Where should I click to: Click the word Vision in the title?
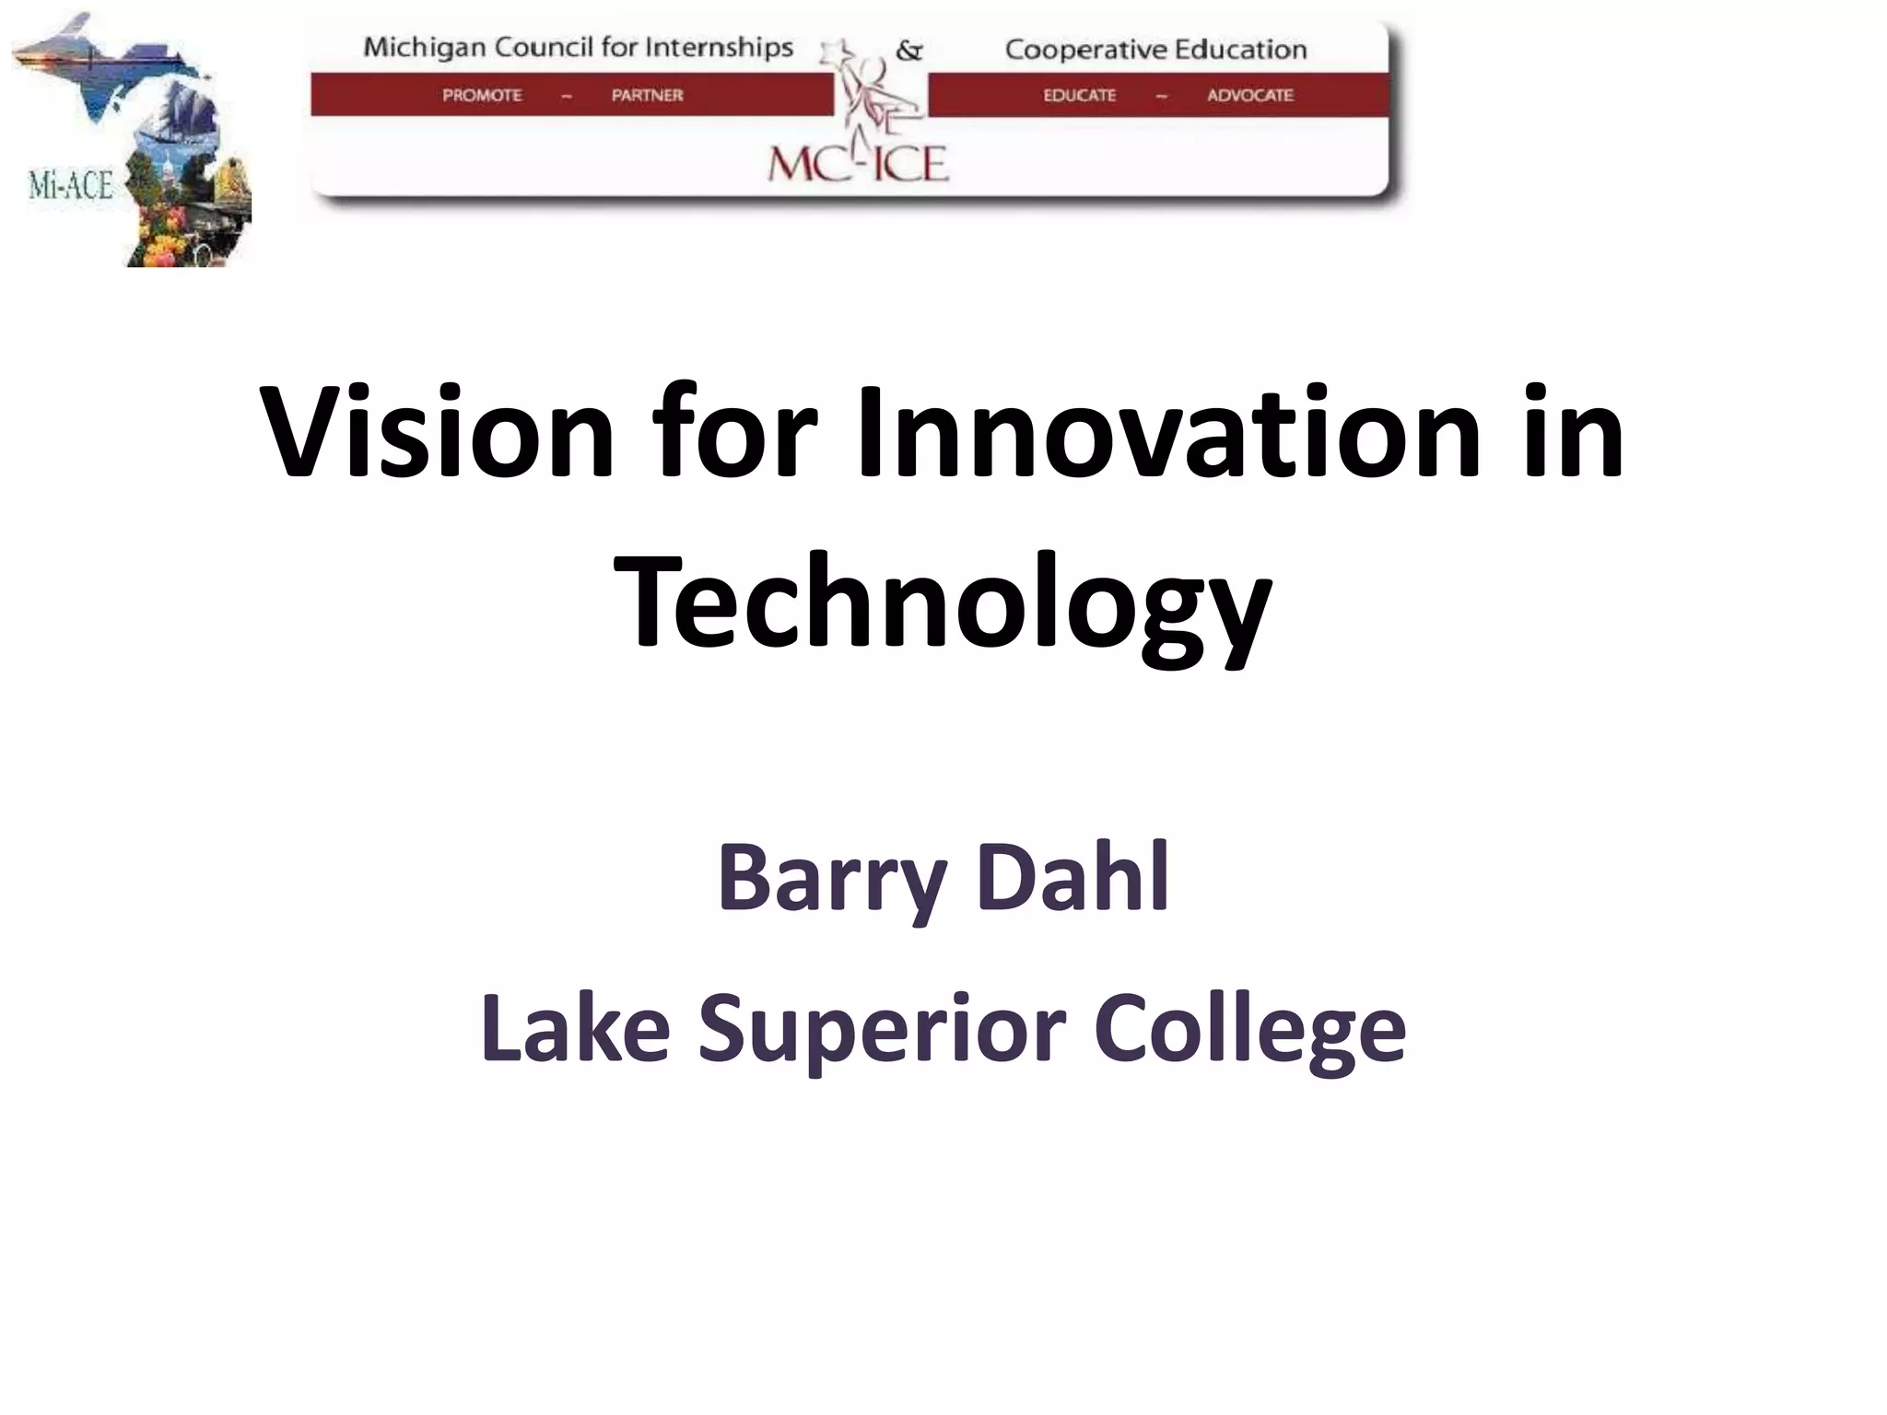click(437, 433)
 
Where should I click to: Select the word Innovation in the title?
click(1168, 433)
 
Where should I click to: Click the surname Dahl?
click(1073, 877)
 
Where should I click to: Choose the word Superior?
click(882, 1029)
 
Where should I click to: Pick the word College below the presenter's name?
click(1249, 1029)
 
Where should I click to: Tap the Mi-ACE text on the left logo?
click(70, 186)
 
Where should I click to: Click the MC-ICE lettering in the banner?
click(858, 165)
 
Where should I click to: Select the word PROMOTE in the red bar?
click(482, 95)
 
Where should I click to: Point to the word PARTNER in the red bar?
click(647, 95)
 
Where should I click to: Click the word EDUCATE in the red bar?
click(1079, 95)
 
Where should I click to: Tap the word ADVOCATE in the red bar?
click(1250, 95)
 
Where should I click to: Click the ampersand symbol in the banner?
click(908, 51)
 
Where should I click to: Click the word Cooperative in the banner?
click(1073, 50)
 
